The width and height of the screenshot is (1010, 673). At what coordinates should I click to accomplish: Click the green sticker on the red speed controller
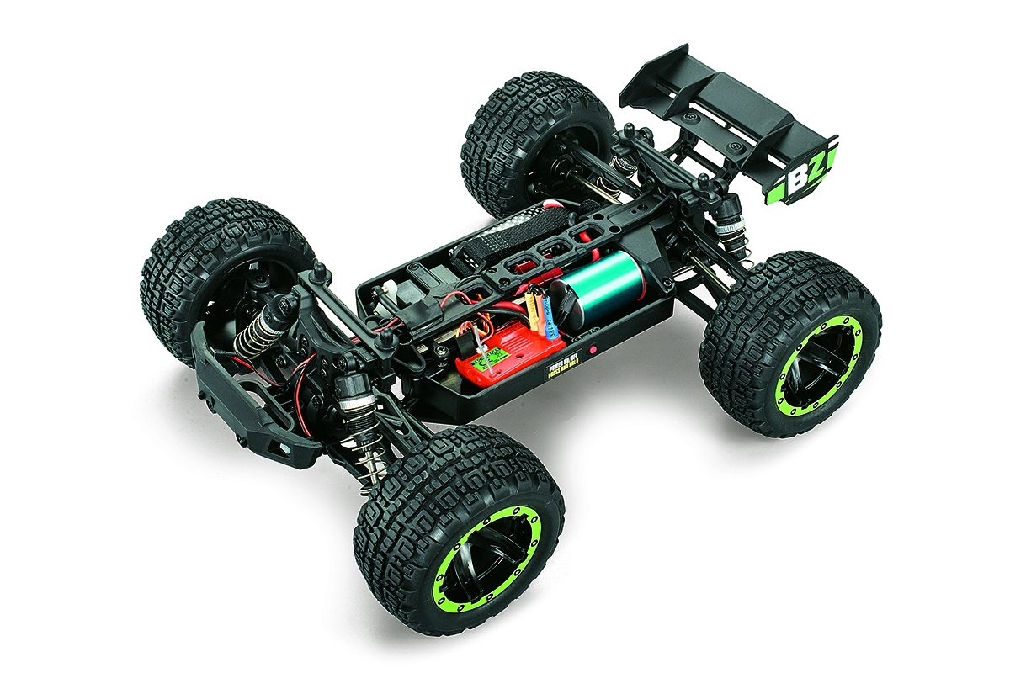pos(488,363)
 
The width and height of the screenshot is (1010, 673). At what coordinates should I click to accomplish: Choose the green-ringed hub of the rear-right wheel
pos(817,371)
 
